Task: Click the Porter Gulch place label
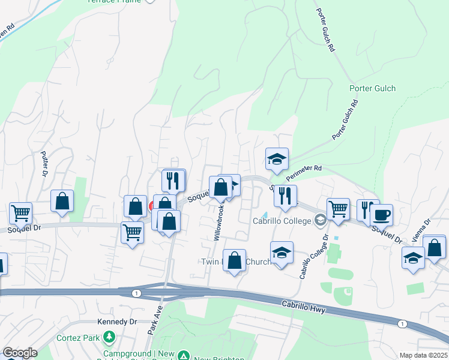[x=372, y=89]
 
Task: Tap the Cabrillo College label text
[x=283, y=221]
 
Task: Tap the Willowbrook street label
[x=220, y=223]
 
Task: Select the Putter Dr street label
[x=44, y=164]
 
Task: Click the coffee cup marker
[x=382, y=214]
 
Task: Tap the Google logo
[x=19, y=353]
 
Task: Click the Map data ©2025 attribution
[x=423, y=355]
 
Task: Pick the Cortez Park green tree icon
[x=109, y=338]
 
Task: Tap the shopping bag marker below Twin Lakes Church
[x=235, y=261]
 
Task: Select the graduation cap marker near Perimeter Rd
[x=277, y=159]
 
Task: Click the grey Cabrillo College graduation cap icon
[x=320, y=221]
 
